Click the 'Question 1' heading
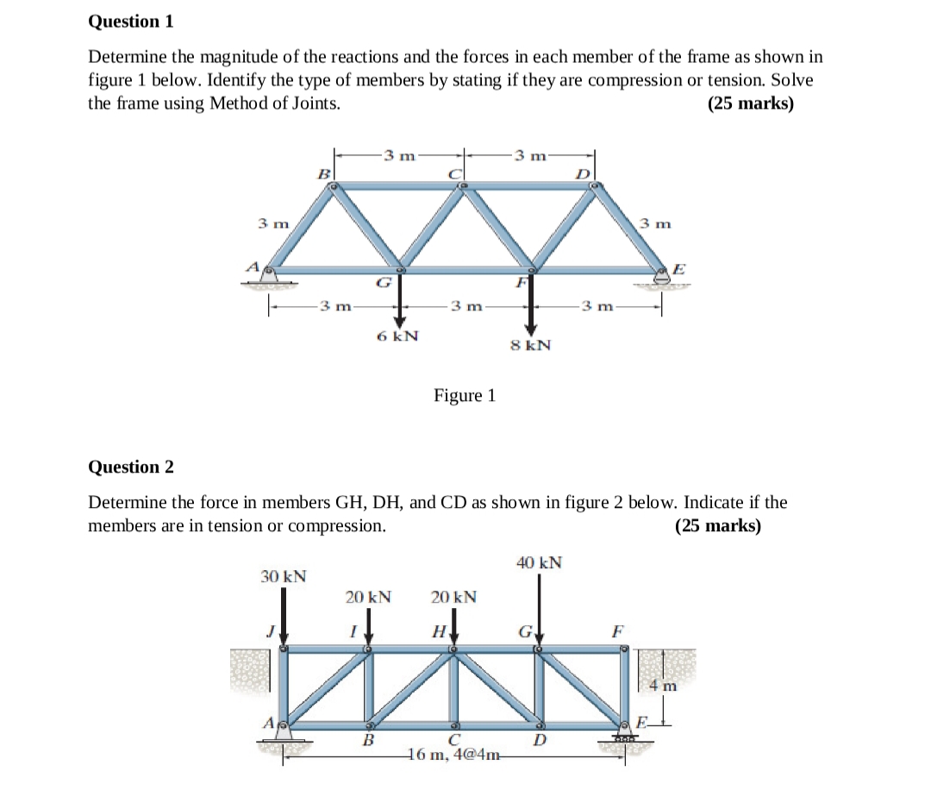point(131,22)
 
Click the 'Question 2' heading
point(131,467)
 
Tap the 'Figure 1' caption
point(465,396)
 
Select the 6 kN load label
point(398,335)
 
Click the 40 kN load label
point(540,563)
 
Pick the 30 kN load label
point(284,576)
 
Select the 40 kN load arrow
point(539,608)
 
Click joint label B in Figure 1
point(325,174)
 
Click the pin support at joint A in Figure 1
point(270,274)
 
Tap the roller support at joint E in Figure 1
point(662,277)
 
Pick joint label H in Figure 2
point(439,632)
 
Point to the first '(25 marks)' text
point(750,103)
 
